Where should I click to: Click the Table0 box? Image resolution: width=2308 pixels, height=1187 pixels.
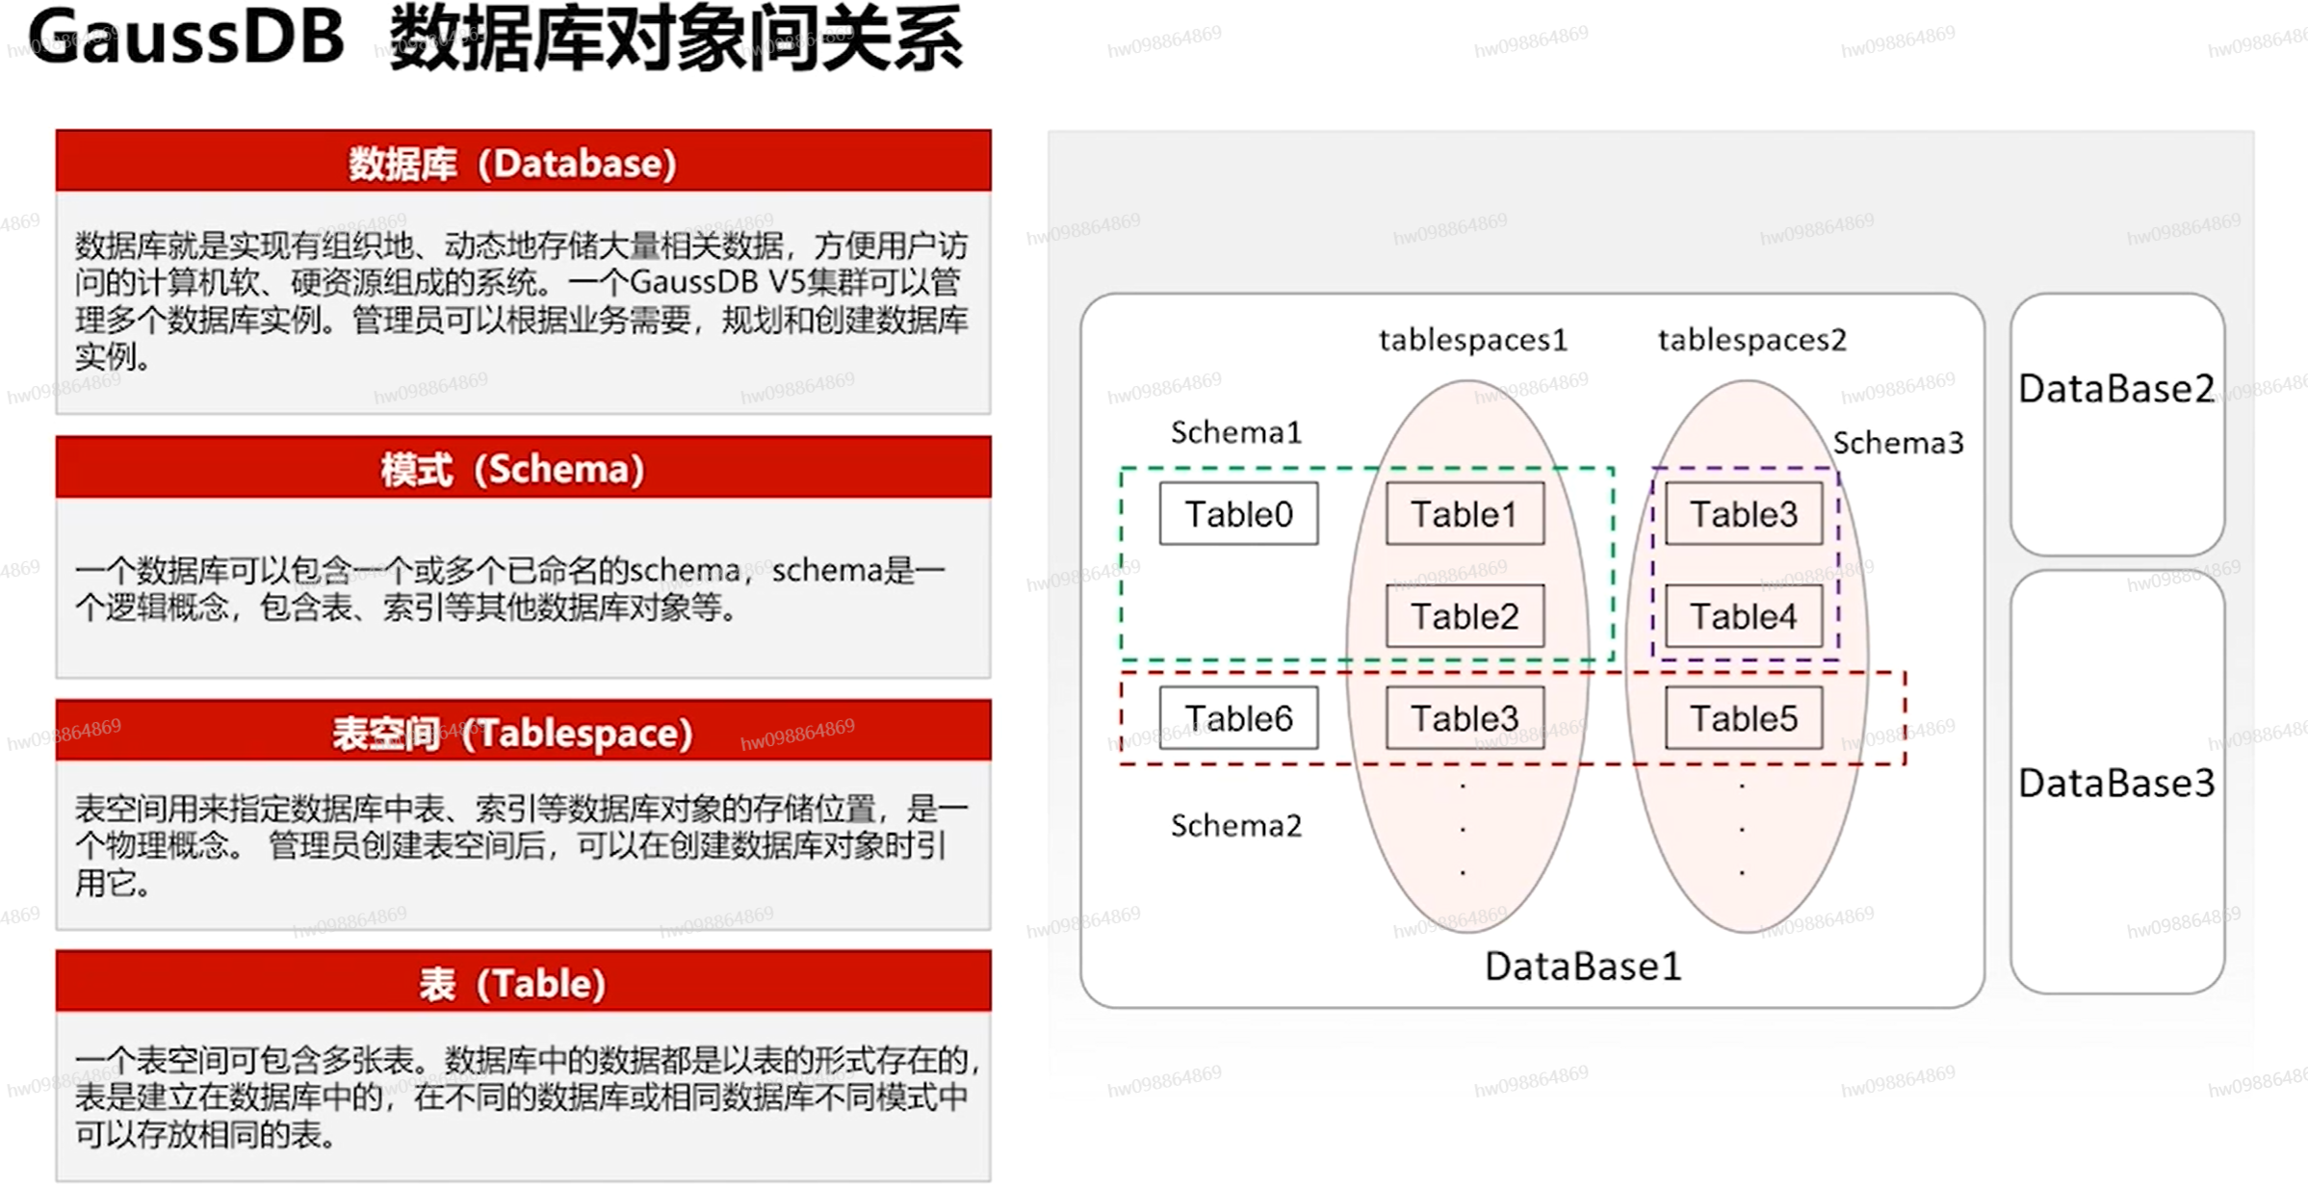1237,514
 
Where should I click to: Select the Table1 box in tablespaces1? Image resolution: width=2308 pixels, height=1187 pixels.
1464,514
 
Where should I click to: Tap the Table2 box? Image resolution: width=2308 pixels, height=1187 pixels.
1464,616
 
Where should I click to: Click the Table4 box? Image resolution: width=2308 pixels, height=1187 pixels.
1743,616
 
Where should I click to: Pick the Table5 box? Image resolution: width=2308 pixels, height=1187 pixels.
1743,718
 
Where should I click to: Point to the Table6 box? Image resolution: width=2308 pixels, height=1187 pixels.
1237,718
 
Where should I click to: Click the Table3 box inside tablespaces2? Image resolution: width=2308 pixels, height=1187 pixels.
1743,514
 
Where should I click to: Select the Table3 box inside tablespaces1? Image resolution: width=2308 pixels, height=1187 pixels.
1464,718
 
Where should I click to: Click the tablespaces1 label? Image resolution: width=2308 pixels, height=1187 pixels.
1472,340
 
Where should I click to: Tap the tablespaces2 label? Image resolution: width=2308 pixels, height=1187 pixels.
1751,340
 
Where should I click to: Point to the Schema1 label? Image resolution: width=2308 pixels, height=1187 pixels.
1235,432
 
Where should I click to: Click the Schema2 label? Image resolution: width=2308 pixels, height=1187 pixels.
1235,825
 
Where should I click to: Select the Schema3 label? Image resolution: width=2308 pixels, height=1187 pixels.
1897,443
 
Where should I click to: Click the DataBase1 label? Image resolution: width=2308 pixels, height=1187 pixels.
1582,966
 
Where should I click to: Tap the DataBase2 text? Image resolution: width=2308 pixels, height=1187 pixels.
2115,389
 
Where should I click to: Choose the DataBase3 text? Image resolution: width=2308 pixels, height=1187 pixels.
2115,783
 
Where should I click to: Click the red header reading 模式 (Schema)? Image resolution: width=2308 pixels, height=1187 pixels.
523,469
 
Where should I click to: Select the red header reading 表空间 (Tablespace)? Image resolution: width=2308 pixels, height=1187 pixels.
523,733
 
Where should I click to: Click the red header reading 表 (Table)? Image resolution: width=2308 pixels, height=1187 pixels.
523,983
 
